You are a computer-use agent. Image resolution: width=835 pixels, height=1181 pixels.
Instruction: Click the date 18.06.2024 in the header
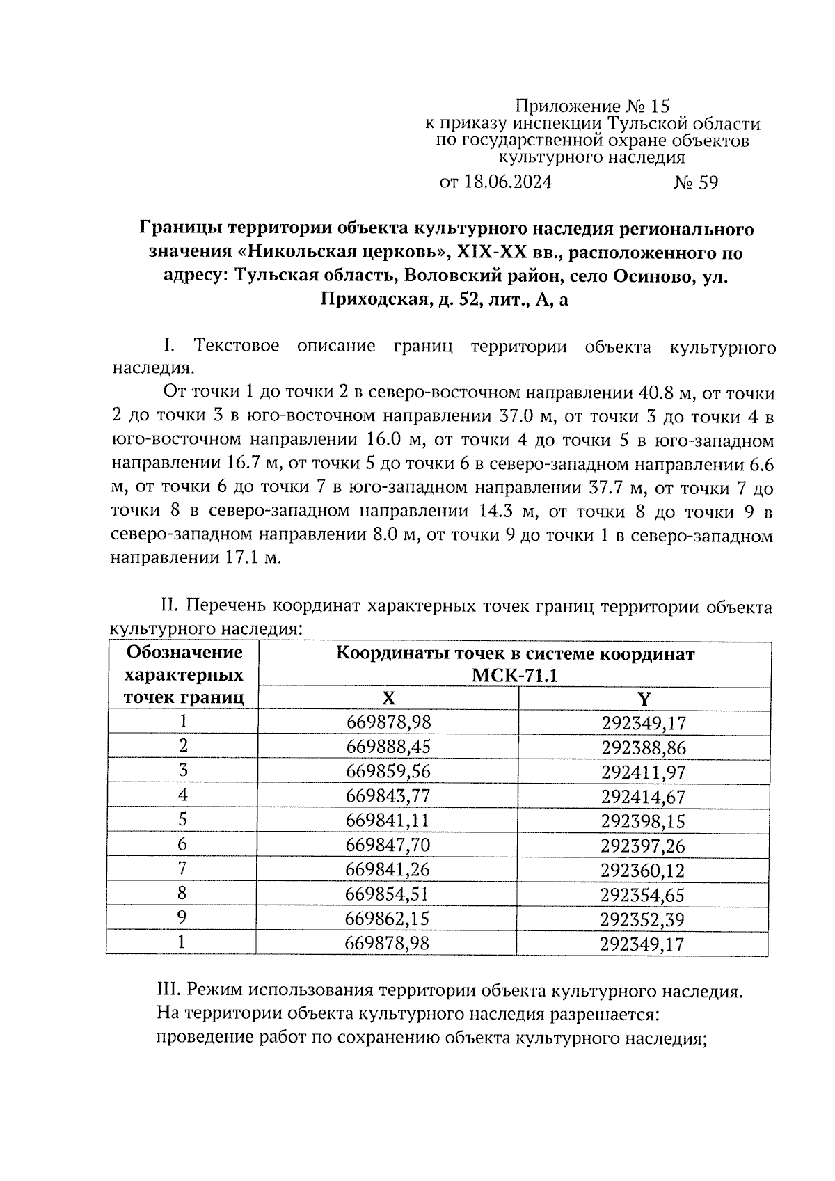point(506,182)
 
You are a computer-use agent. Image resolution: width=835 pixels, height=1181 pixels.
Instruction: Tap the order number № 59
point(695,182)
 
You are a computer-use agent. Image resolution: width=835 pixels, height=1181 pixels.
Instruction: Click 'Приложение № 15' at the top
point(592,106)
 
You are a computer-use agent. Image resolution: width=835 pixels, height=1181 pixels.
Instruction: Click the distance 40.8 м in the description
point(662,394)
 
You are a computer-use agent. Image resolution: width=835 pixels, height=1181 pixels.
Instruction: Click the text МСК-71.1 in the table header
point(515,676)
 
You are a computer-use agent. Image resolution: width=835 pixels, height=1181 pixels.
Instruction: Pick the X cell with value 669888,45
point(388,747)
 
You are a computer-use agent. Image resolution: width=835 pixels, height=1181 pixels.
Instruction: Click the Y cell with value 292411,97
point(644,772)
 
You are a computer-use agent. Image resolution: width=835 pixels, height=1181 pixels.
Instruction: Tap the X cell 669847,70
point(388,846)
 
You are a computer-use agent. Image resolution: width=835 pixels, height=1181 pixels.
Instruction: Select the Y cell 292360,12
point(644,870)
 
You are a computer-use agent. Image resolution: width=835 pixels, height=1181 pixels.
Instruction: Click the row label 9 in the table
point(182,918)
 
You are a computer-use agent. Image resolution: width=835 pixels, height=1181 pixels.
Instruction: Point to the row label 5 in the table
point(183,820)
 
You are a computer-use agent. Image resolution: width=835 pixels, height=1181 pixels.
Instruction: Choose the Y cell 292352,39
point(644,919)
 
